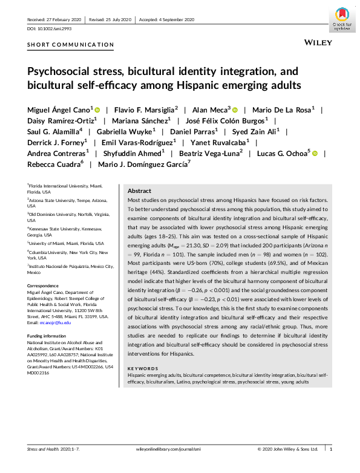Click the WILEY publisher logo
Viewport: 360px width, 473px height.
tap(316, 44)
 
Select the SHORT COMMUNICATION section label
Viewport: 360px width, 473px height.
tap(70, 44)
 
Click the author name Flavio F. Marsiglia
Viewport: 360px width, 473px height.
tap(146, 110)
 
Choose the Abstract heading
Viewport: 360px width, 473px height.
tap(140, 191)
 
